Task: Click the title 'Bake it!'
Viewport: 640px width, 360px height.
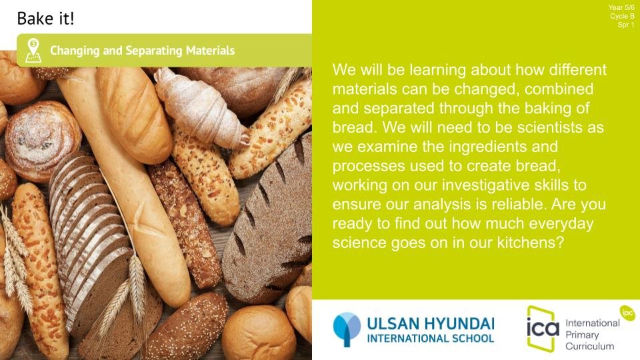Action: click(45, 19)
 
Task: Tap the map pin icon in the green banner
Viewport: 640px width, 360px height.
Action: click(33, 51)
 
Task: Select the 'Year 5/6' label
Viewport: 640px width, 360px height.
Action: click(621, 7)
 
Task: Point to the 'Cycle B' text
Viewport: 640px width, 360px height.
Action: click(622, 16)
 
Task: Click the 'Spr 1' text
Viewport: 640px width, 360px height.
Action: click(626, 25)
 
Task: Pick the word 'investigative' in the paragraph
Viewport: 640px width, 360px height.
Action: click(486, 185)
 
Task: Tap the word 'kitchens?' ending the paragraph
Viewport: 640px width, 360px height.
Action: click(530, 243)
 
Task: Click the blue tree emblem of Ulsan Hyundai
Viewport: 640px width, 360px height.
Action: click(347, 329)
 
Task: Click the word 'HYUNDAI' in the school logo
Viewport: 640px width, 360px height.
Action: click(459, 324)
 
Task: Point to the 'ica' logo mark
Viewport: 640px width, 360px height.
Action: click(543, 328)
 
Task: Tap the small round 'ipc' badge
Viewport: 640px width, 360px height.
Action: click(627, 313)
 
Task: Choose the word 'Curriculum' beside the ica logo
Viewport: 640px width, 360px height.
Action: click(589, 346)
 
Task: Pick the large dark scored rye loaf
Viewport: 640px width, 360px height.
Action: click(269, 221)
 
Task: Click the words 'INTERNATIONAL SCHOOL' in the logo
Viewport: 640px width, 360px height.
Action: click(430, 339)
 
